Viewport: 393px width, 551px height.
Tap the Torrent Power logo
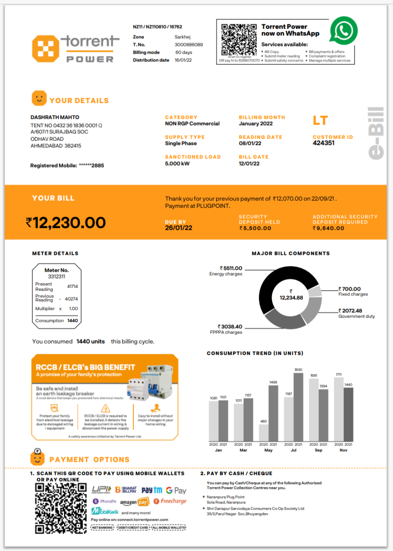(x=75, y=48)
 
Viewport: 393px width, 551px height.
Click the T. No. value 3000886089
(x=189, y=44)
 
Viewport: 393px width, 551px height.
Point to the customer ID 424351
(x=324, y=143)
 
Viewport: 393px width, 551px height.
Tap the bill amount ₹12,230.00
(x=65, y=222)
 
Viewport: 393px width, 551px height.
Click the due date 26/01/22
(x=179, y=228)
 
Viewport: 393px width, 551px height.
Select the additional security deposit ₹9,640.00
(x=328, y=228)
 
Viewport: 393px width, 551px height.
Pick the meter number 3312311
(x=56, y=276)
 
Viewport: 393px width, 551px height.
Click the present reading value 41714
(x=72, y=286)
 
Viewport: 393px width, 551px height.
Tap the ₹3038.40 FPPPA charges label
(x=230, y=327)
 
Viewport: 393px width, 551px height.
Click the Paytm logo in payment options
(x=152, y=490)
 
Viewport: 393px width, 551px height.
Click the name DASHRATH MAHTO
(x=55, y=117)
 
